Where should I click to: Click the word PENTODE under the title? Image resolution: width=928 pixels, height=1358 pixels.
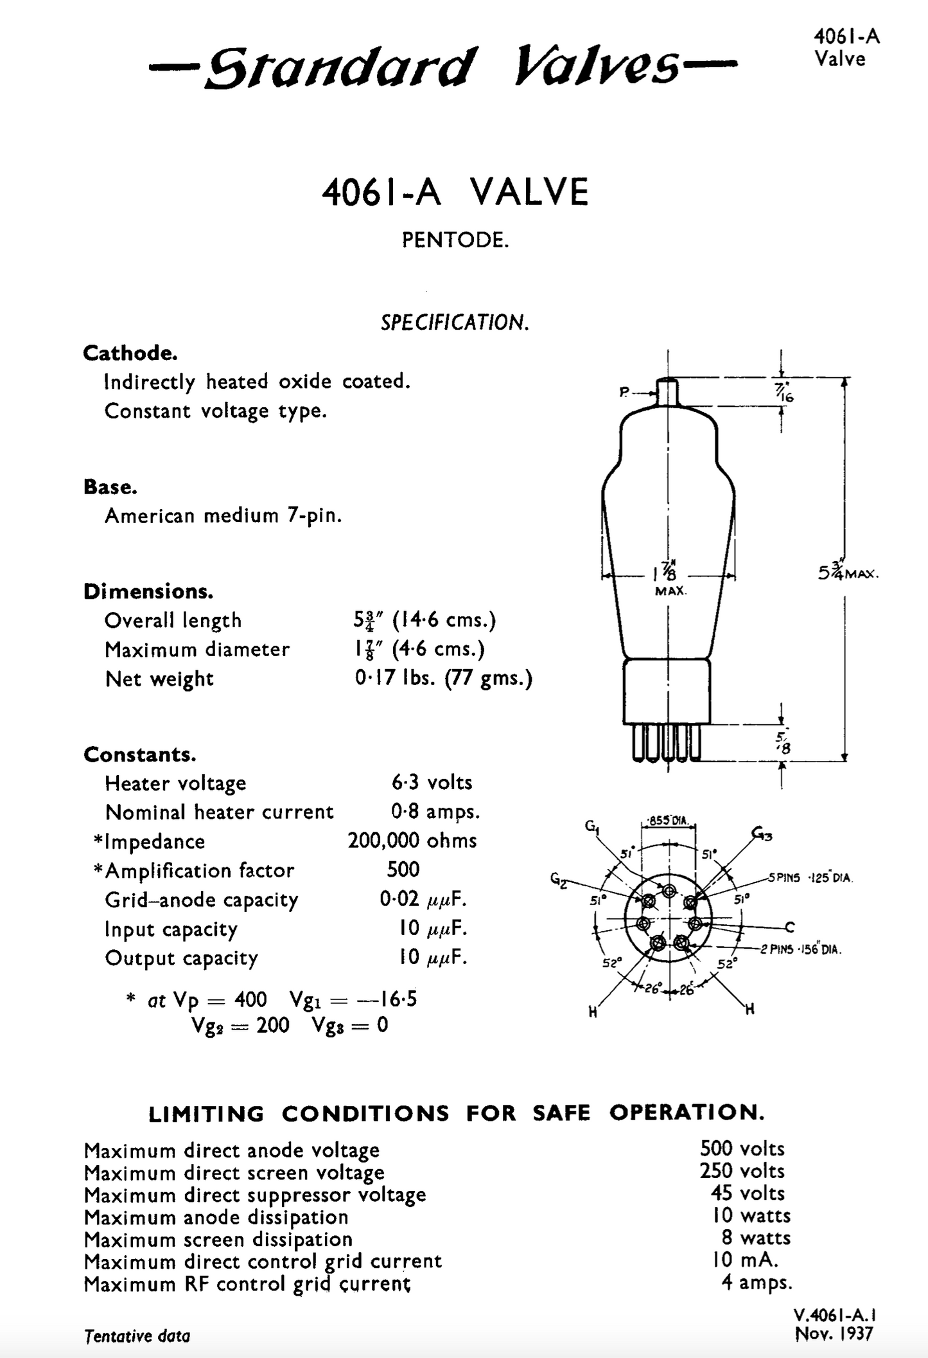point(455,240)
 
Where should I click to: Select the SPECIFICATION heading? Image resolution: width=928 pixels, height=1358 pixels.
point(455,322)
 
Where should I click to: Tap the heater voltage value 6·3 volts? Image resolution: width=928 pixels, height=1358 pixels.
point(432,782)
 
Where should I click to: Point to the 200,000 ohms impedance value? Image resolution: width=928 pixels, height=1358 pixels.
point(412,841)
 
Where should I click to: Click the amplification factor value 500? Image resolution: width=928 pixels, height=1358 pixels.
point(403,870)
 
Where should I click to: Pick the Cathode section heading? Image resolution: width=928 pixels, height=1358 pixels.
point(130,353)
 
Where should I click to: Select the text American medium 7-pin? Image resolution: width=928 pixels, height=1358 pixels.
point(223,515)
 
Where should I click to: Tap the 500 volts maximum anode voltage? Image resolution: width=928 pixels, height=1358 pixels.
point(742,1148)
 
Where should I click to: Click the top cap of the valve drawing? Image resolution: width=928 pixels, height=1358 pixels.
point(668,391)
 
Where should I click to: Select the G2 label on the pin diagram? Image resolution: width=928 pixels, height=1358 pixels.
point(558,879)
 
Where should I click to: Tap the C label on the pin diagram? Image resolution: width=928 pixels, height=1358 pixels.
point(789,927)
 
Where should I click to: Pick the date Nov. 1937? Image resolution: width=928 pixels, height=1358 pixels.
point(834,1334)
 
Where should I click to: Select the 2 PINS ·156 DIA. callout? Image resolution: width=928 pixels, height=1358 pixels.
point(800,949)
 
